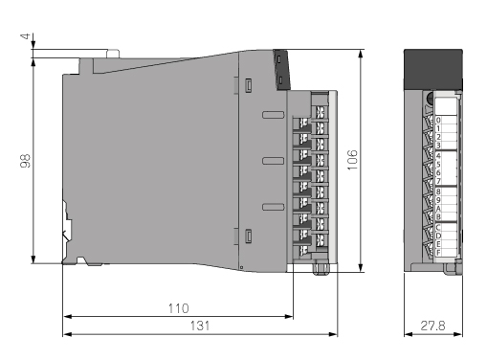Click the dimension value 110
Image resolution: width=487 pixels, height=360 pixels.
pos(179,308)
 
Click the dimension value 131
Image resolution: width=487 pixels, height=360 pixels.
pos(200,326)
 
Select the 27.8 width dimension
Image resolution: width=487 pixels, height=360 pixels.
pos(432,326)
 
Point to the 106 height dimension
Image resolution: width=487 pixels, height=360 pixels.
pos(352,160)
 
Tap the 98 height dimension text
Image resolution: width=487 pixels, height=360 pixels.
pos(25,161)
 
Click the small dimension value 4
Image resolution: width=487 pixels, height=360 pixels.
pos(26,36)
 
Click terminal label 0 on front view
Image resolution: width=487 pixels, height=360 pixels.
pos(438,120)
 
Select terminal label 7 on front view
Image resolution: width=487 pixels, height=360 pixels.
pos(438,181)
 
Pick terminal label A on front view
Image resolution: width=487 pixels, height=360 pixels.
pos(438,209)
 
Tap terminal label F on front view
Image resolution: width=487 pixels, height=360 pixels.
pos(438,253)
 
